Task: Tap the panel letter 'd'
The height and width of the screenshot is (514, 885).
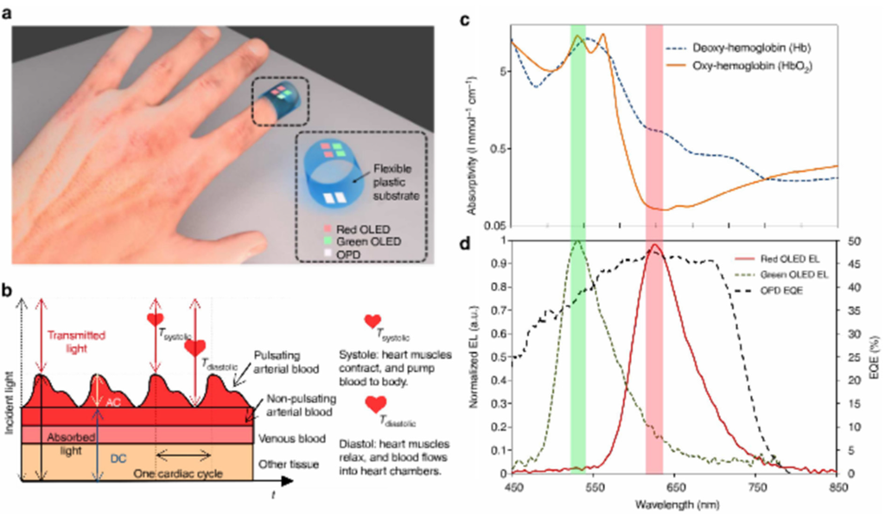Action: [489, 245]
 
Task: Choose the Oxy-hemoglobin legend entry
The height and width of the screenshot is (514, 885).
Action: [752, 66]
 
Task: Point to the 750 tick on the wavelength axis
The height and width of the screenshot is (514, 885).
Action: [756, 486]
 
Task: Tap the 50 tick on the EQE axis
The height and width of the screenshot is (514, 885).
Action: [855, 241]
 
